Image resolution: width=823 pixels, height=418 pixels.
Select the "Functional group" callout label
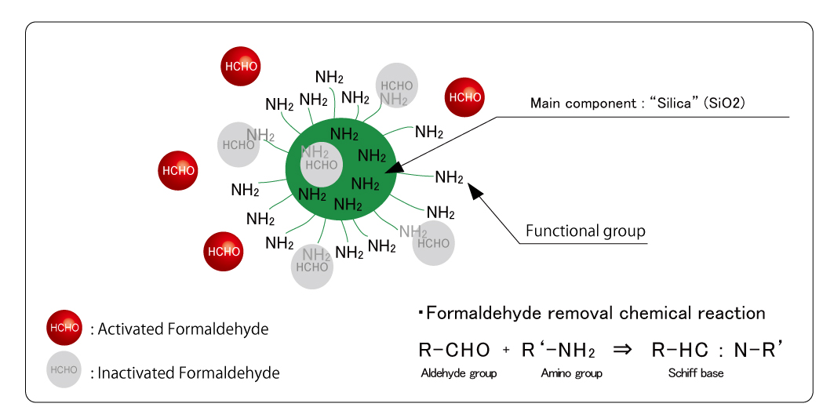(x=584, y=231)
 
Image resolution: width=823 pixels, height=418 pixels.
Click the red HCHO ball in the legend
(x=64, y=328)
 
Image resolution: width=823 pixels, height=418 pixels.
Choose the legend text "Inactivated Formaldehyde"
(x=189, y=373)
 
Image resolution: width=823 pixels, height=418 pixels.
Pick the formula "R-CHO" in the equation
(x=455, y=351)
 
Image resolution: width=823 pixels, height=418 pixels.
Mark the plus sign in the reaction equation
(x=506, y=351)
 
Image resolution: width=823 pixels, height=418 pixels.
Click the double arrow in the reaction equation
(x=621, y=351)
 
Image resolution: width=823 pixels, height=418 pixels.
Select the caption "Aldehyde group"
(x=458, y=373)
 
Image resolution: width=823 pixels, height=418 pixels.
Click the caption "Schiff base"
(x=697, y=373)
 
